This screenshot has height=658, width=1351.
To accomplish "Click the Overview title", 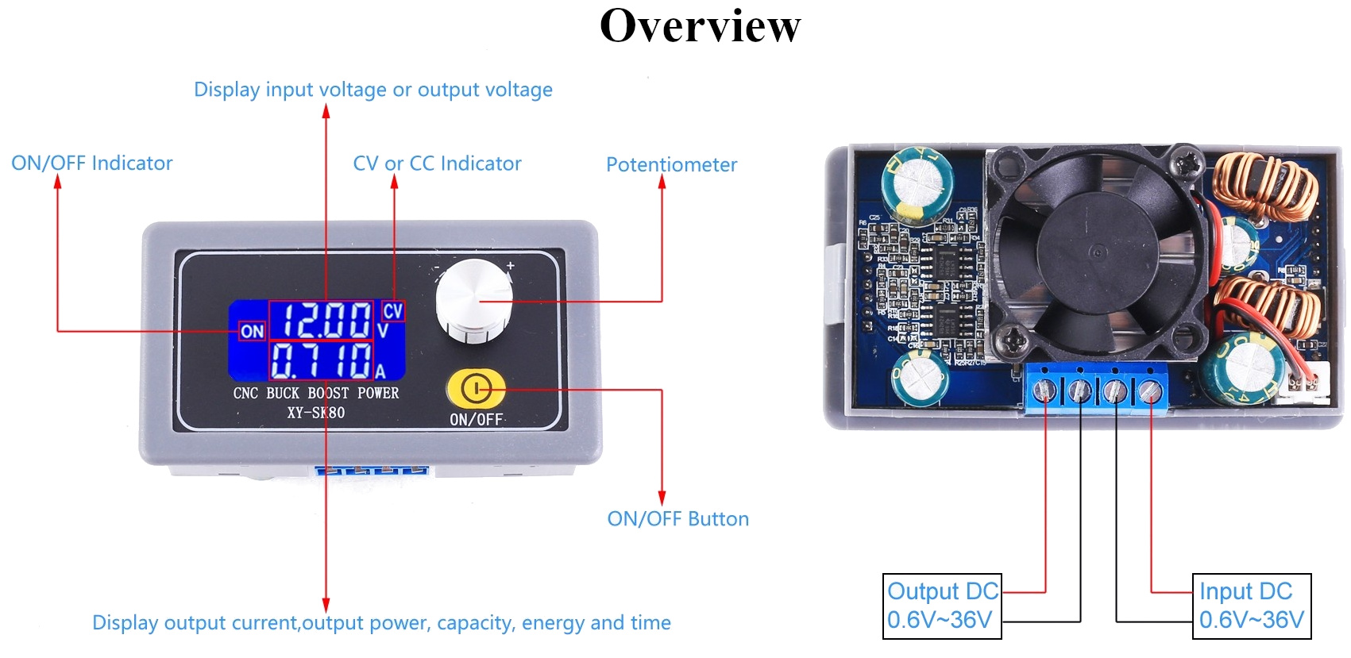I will [x=700, y=25].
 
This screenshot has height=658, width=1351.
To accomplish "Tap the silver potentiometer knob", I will [x=473, y=302].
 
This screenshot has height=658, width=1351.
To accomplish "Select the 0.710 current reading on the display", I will [x=321, y=360].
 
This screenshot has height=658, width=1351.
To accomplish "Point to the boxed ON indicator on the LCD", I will [x=252, y=331].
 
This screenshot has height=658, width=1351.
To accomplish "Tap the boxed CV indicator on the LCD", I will [x=392, y=310].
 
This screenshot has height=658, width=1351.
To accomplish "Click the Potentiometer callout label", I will [x=671, y=165].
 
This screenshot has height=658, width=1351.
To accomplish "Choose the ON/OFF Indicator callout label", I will [x=91, y=164].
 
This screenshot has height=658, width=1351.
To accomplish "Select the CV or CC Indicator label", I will [x=437, y=164].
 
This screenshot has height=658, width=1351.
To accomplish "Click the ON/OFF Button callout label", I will [x=677, y=519].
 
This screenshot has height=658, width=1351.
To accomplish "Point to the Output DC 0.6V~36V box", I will [x=942, y=606].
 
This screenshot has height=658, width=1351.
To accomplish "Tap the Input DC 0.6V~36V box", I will [x=1251, y=606].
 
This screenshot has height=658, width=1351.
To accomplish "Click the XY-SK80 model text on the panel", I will [x=316, y=413].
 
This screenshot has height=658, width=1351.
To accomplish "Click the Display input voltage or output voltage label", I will [x=372, y=90].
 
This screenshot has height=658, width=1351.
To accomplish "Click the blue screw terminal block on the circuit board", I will [x=1097, y=389].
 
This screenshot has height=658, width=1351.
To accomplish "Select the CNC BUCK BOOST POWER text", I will [x=315, y=393].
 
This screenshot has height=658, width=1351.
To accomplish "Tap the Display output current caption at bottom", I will [x=381, y=623].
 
